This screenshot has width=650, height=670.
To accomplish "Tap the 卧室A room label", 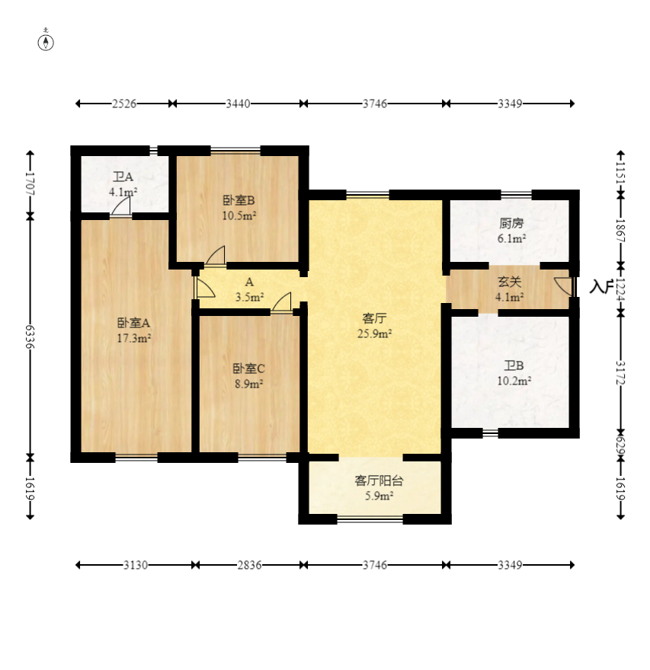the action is coord(133,323).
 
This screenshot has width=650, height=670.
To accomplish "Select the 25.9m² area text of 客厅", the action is coord(375,334).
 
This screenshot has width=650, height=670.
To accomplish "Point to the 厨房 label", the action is coord(511,224).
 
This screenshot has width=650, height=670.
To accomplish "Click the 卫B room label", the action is coord(514,365).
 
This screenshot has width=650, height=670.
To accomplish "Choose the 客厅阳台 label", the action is coord(379,481).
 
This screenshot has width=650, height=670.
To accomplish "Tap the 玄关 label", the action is coord(509,282).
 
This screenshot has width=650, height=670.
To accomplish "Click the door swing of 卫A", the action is coord(121,206).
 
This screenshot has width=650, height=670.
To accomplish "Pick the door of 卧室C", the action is coord(282,302).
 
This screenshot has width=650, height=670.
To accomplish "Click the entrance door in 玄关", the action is coord(564,286).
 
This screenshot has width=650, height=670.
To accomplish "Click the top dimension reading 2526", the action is coord(124,104).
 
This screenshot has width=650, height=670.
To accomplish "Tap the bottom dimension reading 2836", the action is coord(249,565).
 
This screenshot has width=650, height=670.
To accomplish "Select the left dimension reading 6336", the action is coord(30,337).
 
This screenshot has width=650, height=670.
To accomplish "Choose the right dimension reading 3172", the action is coord(621,372).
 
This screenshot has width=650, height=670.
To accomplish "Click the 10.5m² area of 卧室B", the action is coord(239,215).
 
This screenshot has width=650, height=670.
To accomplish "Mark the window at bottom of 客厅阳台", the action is coord(370,519).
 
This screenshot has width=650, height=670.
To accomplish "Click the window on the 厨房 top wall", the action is coord(516,195).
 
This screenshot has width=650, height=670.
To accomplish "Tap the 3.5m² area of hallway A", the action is coord(249,297).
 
